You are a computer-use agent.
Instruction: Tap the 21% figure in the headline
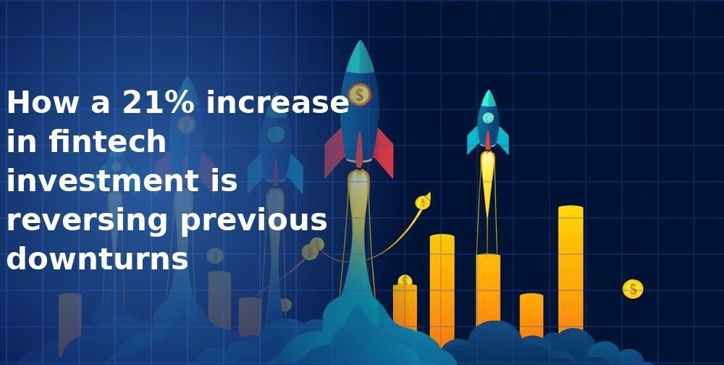pos(160,104)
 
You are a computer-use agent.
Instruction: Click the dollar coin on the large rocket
pos(359,94)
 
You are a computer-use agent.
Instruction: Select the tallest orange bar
pos(571,268)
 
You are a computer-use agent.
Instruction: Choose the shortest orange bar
pos(531,314)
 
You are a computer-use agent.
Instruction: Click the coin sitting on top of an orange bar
pos(405,280)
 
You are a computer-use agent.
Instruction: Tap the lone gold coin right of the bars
pos(633,290)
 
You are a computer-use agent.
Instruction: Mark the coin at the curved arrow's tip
pos(421,202)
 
